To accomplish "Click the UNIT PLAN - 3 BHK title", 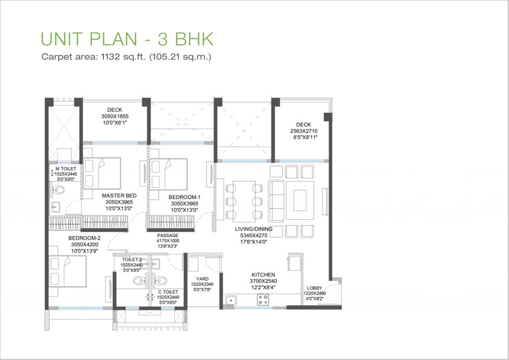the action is (x=127, y=39).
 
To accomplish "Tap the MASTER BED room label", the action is (x=119, y=195).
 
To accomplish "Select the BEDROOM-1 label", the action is (x=184, y=197).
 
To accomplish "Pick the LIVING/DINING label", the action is (x=254, y=229).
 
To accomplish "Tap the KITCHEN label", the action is (x=263, y=274).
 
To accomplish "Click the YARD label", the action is (x=202, y=279).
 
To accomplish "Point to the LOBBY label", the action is (x=315, y=288).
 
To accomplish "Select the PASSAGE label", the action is (x=168, y=235).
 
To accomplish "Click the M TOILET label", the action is (x=66, y=169).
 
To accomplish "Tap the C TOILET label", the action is (x=168, y=292).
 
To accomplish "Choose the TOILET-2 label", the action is (x=132, y=260).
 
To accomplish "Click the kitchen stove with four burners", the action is (x=263, y=300).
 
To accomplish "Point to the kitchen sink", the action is (x=231, y=301).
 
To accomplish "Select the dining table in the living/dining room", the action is (x=244, y=201).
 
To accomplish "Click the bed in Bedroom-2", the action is (x=68, y=271).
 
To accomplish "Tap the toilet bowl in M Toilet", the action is (x=59, y=190).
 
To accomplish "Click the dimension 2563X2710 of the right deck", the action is (x=304, y=131).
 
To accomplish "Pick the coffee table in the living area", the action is (x=300, y=200).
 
